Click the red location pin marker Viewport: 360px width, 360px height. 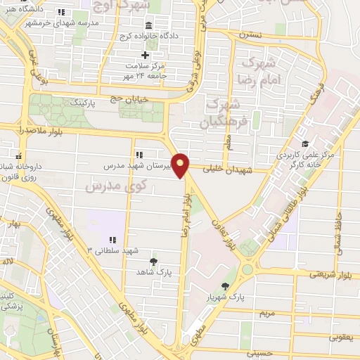pyautogui.click(x=181, y=165)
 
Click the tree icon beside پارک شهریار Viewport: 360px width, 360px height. pyautogui.click(x=225, y=286)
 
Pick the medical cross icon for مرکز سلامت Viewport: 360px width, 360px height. pyautogui.click(x=146, y=56)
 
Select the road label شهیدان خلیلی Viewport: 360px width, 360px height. pyautogui.click(x=223, y=169)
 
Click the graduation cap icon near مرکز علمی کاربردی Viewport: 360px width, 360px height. pyautogui.click(x=304, y=143)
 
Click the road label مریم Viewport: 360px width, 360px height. pyautogui.click(x=266, y=312)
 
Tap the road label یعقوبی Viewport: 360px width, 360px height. pyautogui.click(x=340, y=337)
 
